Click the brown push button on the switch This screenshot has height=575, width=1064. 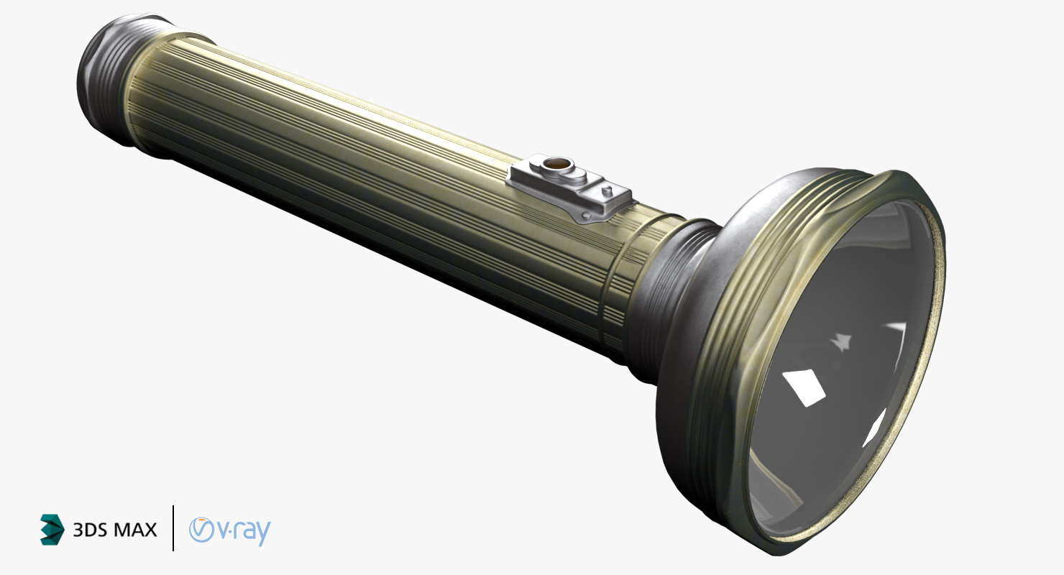pos(554,165)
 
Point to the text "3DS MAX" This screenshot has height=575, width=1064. pos(115,530)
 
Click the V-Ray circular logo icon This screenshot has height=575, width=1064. pos(201,529)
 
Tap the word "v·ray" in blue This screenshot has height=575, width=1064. pos(244,531)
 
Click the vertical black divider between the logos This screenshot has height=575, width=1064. pos(173,528)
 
